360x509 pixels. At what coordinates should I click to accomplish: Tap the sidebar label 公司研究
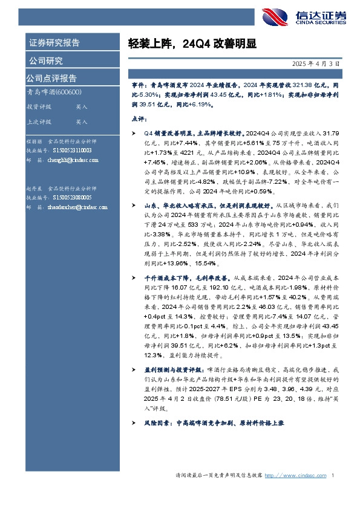(x=45, y=60)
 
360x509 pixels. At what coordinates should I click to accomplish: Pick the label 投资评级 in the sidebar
(x=39, y=106)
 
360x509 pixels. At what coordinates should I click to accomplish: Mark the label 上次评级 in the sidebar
(x=39, y=122)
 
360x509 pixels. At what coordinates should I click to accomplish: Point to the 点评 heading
(x=139, y=119)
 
